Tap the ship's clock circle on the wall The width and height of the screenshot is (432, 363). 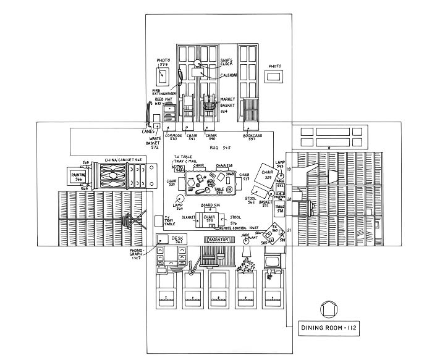point(198,63)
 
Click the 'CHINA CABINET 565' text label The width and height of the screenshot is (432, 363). point(123,159)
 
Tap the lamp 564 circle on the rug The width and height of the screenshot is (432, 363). point(179,199)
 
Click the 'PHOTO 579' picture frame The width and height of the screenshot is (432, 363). point(163,77)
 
